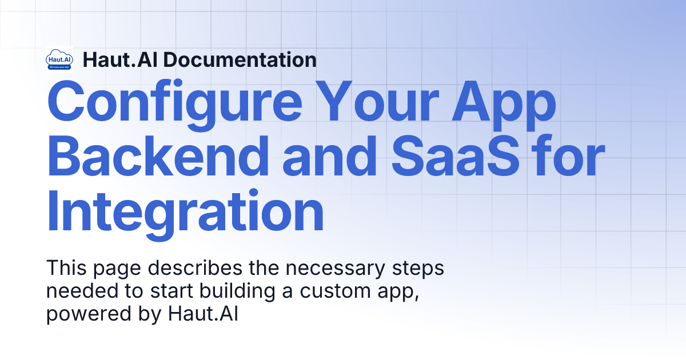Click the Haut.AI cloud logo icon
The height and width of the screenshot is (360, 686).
click(59, 59)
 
